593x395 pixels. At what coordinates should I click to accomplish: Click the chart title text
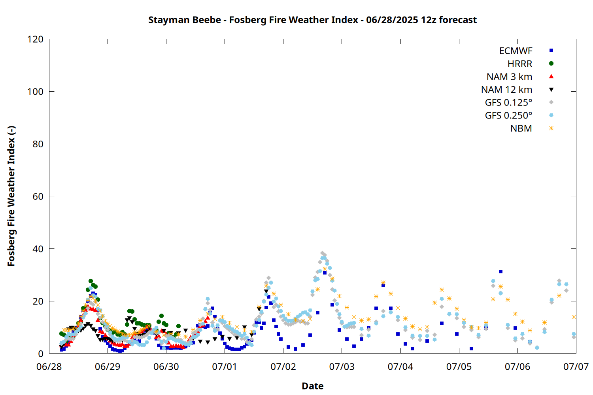312,20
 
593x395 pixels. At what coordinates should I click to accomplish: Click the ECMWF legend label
516,51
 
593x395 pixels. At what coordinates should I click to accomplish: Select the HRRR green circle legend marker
551,64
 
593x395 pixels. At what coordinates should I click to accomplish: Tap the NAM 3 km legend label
509,77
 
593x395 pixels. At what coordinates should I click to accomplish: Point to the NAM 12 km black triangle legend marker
551,89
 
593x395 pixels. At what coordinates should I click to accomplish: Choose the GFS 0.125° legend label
508,102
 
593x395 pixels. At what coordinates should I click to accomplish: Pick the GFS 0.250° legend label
508,115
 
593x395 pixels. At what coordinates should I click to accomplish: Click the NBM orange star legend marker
551,128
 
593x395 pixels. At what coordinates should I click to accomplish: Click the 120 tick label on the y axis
35,39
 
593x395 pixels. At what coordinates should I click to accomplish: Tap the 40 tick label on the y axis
38,249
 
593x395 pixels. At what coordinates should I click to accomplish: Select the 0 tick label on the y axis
40,354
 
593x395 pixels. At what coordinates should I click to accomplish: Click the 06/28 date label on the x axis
49,367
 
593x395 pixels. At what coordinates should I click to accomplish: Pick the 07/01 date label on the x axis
225,367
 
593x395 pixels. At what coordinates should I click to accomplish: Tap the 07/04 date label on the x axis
400,367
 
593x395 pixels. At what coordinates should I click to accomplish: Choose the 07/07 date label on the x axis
576,367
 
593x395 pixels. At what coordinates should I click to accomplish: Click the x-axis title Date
313,386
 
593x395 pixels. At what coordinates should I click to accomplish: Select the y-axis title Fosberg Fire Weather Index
11,196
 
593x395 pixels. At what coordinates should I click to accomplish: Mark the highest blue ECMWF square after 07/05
500,271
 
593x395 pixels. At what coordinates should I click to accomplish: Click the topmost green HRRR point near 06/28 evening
91,281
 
